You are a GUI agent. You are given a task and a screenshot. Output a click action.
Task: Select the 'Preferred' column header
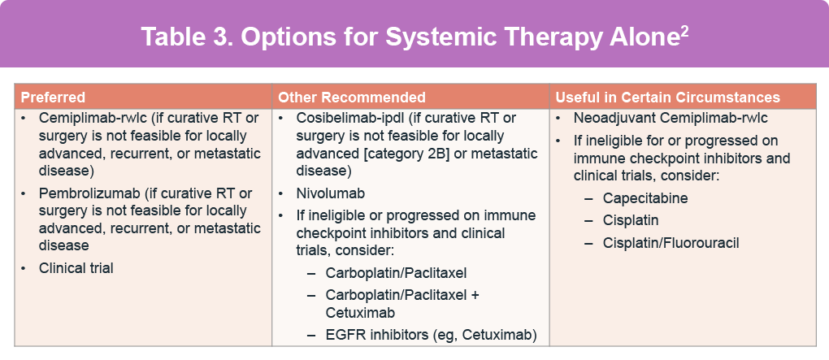tap(53, 98)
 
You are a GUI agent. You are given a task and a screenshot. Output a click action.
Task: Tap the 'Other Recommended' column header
tap(352, 98)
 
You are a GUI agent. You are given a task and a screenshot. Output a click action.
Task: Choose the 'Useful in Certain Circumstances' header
tap(668, 98)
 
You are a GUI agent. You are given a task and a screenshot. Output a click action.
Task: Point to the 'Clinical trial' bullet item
tap(76, 268)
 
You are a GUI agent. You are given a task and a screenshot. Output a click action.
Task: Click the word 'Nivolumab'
tap(331, 193)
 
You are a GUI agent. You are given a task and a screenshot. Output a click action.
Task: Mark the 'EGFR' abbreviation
tap(343, 335)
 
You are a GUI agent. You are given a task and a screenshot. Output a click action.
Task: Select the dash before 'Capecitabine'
tap(588, 199)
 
